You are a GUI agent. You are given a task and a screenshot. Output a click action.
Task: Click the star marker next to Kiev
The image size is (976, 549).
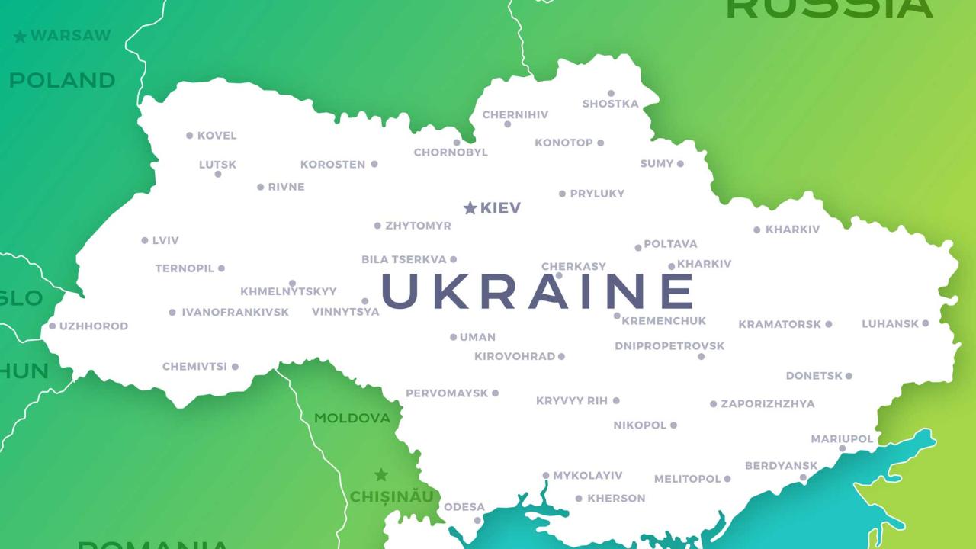tap(470, 208)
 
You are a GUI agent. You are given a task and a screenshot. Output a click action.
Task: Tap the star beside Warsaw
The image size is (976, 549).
tap(20, 37)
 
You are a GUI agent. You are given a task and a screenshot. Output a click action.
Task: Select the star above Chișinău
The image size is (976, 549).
tap(381, 475)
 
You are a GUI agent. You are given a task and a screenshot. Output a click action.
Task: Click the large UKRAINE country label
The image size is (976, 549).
tap(538, 291)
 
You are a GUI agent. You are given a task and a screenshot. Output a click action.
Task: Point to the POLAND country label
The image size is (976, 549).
tap(62, 80)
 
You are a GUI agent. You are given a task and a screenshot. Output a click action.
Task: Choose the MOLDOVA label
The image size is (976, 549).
tap(352, 418)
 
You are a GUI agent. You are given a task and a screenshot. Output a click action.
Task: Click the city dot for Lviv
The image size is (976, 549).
tap(145, 240)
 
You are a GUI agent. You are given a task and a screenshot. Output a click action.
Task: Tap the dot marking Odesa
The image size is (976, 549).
tap(477, 520)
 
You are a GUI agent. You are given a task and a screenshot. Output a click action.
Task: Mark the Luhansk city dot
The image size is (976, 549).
tap(926, 323)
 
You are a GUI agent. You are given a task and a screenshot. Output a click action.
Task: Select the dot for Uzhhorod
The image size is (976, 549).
tap(53, 326)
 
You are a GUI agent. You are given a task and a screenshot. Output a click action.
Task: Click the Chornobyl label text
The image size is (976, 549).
tap(451, 152)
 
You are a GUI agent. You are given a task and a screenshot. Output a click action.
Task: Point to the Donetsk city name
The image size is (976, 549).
tap(814, 376)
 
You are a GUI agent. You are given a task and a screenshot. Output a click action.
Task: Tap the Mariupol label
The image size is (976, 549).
tap(842, 439)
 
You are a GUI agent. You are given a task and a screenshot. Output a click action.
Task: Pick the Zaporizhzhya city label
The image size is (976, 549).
tap(767, 404)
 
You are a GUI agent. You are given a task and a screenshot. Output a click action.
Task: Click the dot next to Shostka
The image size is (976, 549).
tap(611, 94)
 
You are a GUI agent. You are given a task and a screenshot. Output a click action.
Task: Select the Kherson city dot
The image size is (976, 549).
tap(579, 499)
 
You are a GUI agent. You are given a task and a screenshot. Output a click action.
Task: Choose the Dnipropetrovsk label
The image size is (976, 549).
tap(669, 346)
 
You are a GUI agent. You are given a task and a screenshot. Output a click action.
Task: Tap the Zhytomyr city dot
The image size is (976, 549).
tap(377, 226)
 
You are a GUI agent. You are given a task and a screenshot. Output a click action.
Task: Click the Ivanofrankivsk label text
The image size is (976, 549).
tap(235, 313)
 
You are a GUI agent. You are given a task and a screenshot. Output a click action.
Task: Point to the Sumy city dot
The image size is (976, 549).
tap(680, 164)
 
